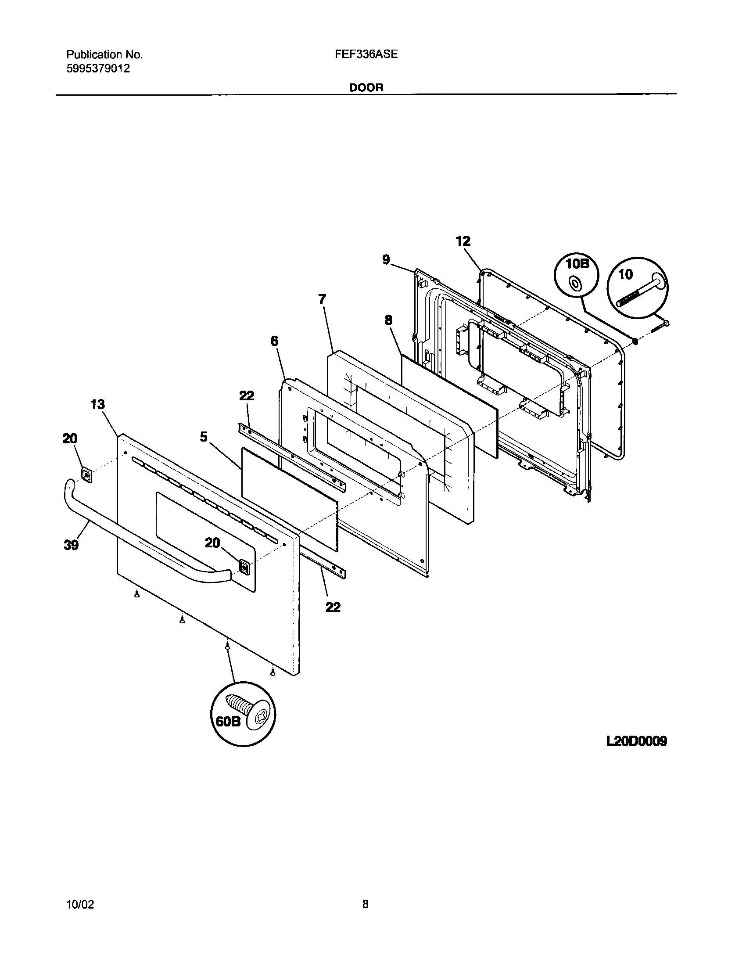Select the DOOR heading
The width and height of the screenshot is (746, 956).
point(366,87)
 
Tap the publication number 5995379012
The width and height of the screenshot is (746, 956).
point(98,69)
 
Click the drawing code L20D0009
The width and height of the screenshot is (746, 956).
point(636,741)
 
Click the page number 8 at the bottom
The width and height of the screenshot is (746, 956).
point(365,904)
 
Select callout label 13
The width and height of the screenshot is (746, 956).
point(97,404)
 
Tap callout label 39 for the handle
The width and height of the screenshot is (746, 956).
point(71,545)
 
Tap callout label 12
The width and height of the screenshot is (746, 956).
point(463,241)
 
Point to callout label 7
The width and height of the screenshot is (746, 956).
point(322,299)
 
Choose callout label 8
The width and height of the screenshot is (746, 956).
point(388,320)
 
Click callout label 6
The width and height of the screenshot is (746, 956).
point(274,341)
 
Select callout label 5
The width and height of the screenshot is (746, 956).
point(204,437)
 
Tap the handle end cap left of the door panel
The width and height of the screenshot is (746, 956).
point(87,475)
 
